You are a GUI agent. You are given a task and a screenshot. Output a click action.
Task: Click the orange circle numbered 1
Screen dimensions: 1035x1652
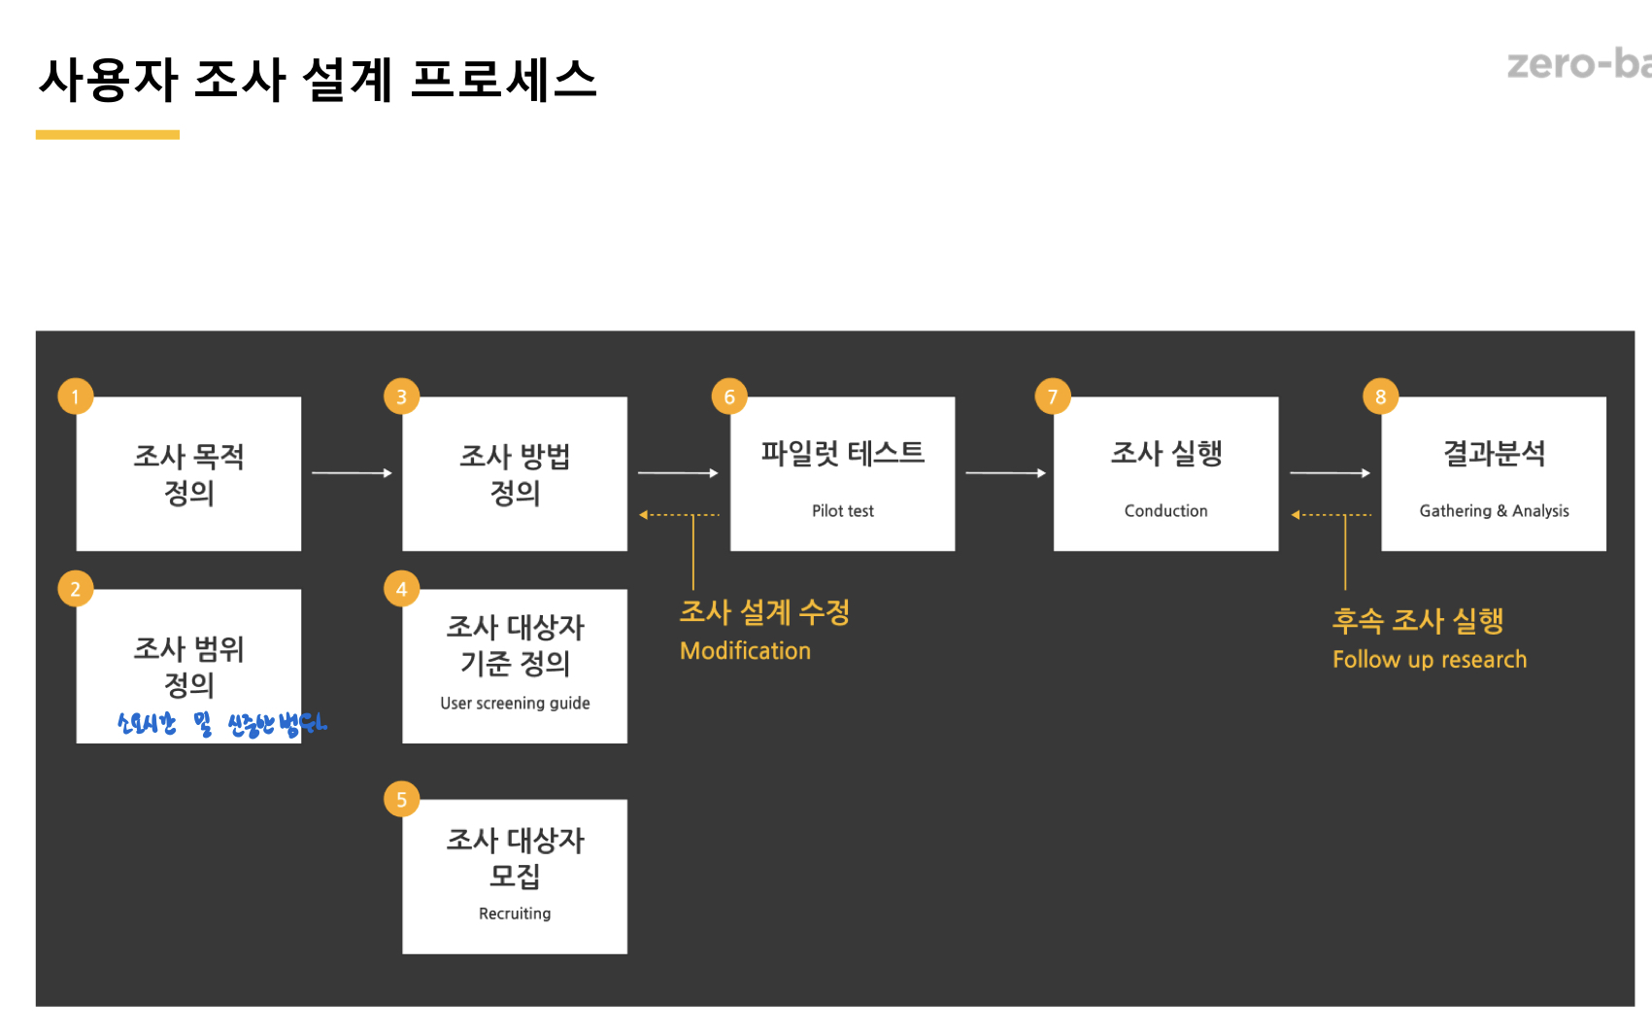(x=75, y=397)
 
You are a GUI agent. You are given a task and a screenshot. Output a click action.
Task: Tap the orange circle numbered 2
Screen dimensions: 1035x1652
(x=75, y=589)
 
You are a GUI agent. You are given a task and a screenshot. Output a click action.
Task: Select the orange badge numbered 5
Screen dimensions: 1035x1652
(x=401, y=799)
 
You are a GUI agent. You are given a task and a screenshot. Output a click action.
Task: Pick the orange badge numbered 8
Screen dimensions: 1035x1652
(x=1380, y=397)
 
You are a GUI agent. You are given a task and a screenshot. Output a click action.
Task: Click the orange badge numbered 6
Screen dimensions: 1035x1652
(x=728, y=397)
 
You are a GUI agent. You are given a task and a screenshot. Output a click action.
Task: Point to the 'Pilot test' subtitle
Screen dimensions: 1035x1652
(x=842, y=511)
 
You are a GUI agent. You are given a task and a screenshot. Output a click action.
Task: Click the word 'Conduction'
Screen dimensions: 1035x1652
(x=1165, y=511)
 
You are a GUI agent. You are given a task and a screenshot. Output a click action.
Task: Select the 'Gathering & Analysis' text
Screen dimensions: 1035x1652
(x=1494, y=511)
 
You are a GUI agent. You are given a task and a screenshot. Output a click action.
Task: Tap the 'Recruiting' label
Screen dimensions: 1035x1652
(x=515, y=914)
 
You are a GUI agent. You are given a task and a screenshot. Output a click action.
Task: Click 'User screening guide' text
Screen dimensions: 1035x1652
(x=515, y=703)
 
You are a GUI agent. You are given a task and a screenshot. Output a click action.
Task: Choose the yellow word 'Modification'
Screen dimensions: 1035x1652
(x=745, y=651)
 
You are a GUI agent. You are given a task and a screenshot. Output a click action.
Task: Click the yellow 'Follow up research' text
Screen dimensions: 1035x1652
(x=1429, y=660)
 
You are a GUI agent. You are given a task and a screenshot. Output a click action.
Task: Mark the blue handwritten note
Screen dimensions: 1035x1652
(x=221, y=724)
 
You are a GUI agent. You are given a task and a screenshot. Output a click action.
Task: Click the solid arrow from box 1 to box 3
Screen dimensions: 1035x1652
(x=352, y=473)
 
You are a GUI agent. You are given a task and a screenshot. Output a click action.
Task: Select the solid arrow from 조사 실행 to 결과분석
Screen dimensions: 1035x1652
(x=1330, y=473)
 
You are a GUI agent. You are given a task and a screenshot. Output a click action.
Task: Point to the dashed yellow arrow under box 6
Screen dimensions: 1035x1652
(x=679, y=515)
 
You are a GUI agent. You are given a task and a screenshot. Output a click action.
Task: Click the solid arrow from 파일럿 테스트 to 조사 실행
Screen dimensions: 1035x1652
(x=1005, y=473)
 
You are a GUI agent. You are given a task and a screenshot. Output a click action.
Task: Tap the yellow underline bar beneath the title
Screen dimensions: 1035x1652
(x=108, y=135)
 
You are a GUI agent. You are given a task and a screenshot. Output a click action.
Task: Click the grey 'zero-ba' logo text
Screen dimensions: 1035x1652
(x=1578, y=64)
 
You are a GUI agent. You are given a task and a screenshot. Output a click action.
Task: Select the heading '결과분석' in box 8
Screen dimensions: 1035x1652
(x=1494, y=453)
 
